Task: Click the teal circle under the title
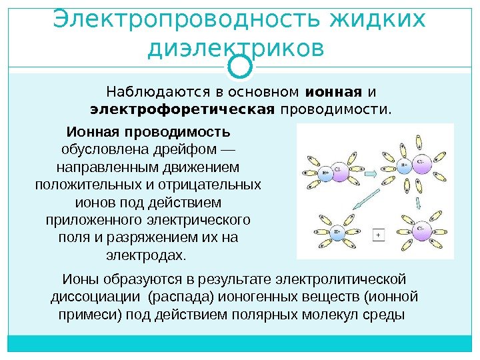point(239,65)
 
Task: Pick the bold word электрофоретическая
point(183,108)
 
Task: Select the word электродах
point(147,255)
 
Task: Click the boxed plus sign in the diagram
point(378,235)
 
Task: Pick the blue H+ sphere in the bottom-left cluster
point(337,232)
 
